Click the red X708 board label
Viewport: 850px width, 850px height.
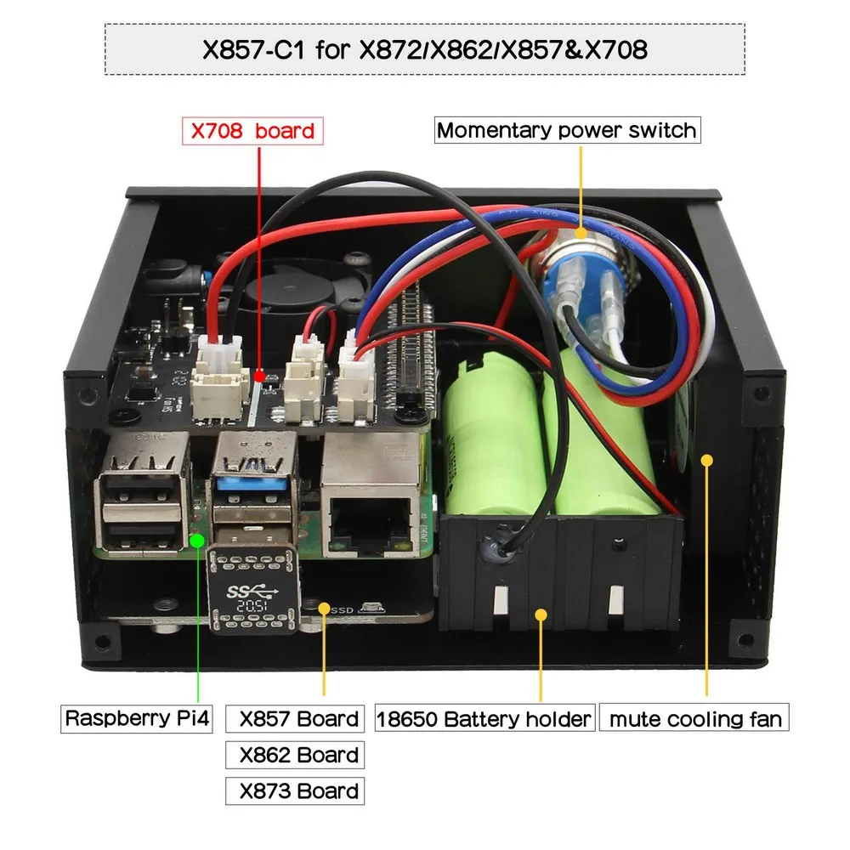[x=252, y=131]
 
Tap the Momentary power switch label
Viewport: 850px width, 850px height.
[x=566, y=131]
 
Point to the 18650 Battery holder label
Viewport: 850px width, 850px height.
[x=484, y=719]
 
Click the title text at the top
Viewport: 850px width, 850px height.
[x=424, y=49]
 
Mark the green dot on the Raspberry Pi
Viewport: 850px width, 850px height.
[x=197, y=538]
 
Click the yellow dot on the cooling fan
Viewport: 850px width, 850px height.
[x=705, y=459]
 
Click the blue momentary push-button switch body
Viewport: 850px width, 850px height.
[x=565, y=289]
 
